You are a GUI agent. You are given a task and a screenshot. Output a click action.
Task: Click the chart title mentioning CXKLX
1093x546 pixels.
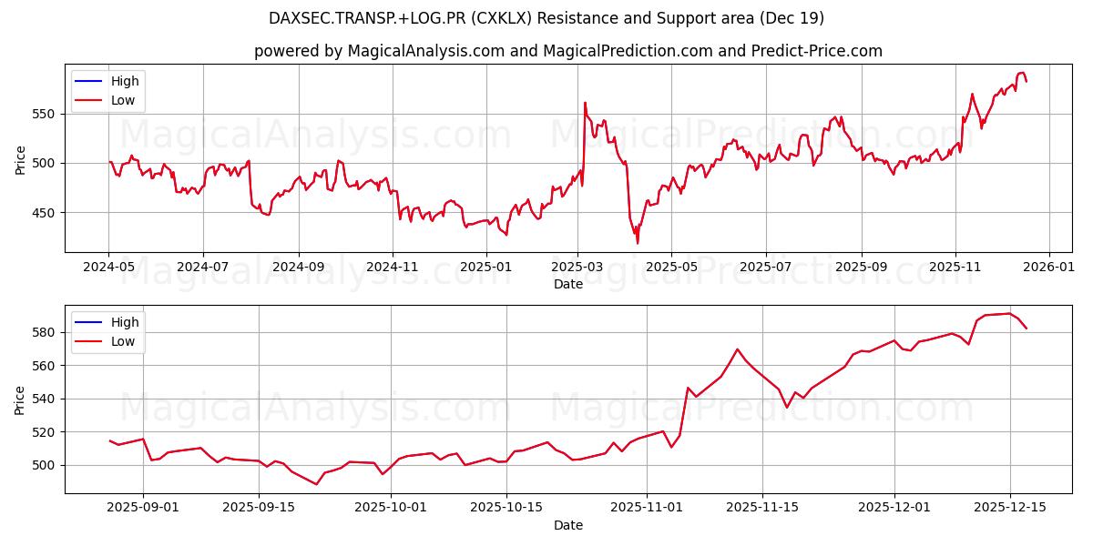click(546, 18)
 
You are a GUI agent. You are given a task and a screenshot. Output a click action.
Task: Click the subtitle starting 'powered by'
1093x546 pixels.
click(568, 51)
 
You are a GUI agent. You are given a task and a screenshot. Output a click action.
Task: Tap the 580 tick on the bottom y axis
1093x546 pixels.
click(45, 332)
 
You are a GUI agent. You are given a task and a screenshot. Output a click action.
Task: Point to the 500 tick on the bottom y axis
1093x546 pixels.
click(45, 465)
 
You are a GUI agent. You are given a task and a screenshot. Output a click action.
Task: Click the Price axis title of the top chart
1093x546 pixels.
click(21, 160)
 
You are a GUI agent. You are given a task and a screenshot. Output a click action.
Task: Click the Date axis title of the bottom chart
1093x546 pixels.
click(568, 525)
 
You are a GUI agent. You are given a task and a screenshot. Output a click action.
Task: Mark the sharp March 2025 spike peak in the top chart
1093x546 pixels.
click(585, 103)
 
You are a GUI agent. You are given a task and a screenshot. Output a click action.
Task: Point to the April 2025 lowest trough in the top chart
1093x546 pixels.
click(638, 243)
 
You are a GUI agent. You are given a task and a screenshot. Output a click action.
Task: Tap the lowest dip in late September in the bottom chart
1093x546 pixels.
click(316, 484)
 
